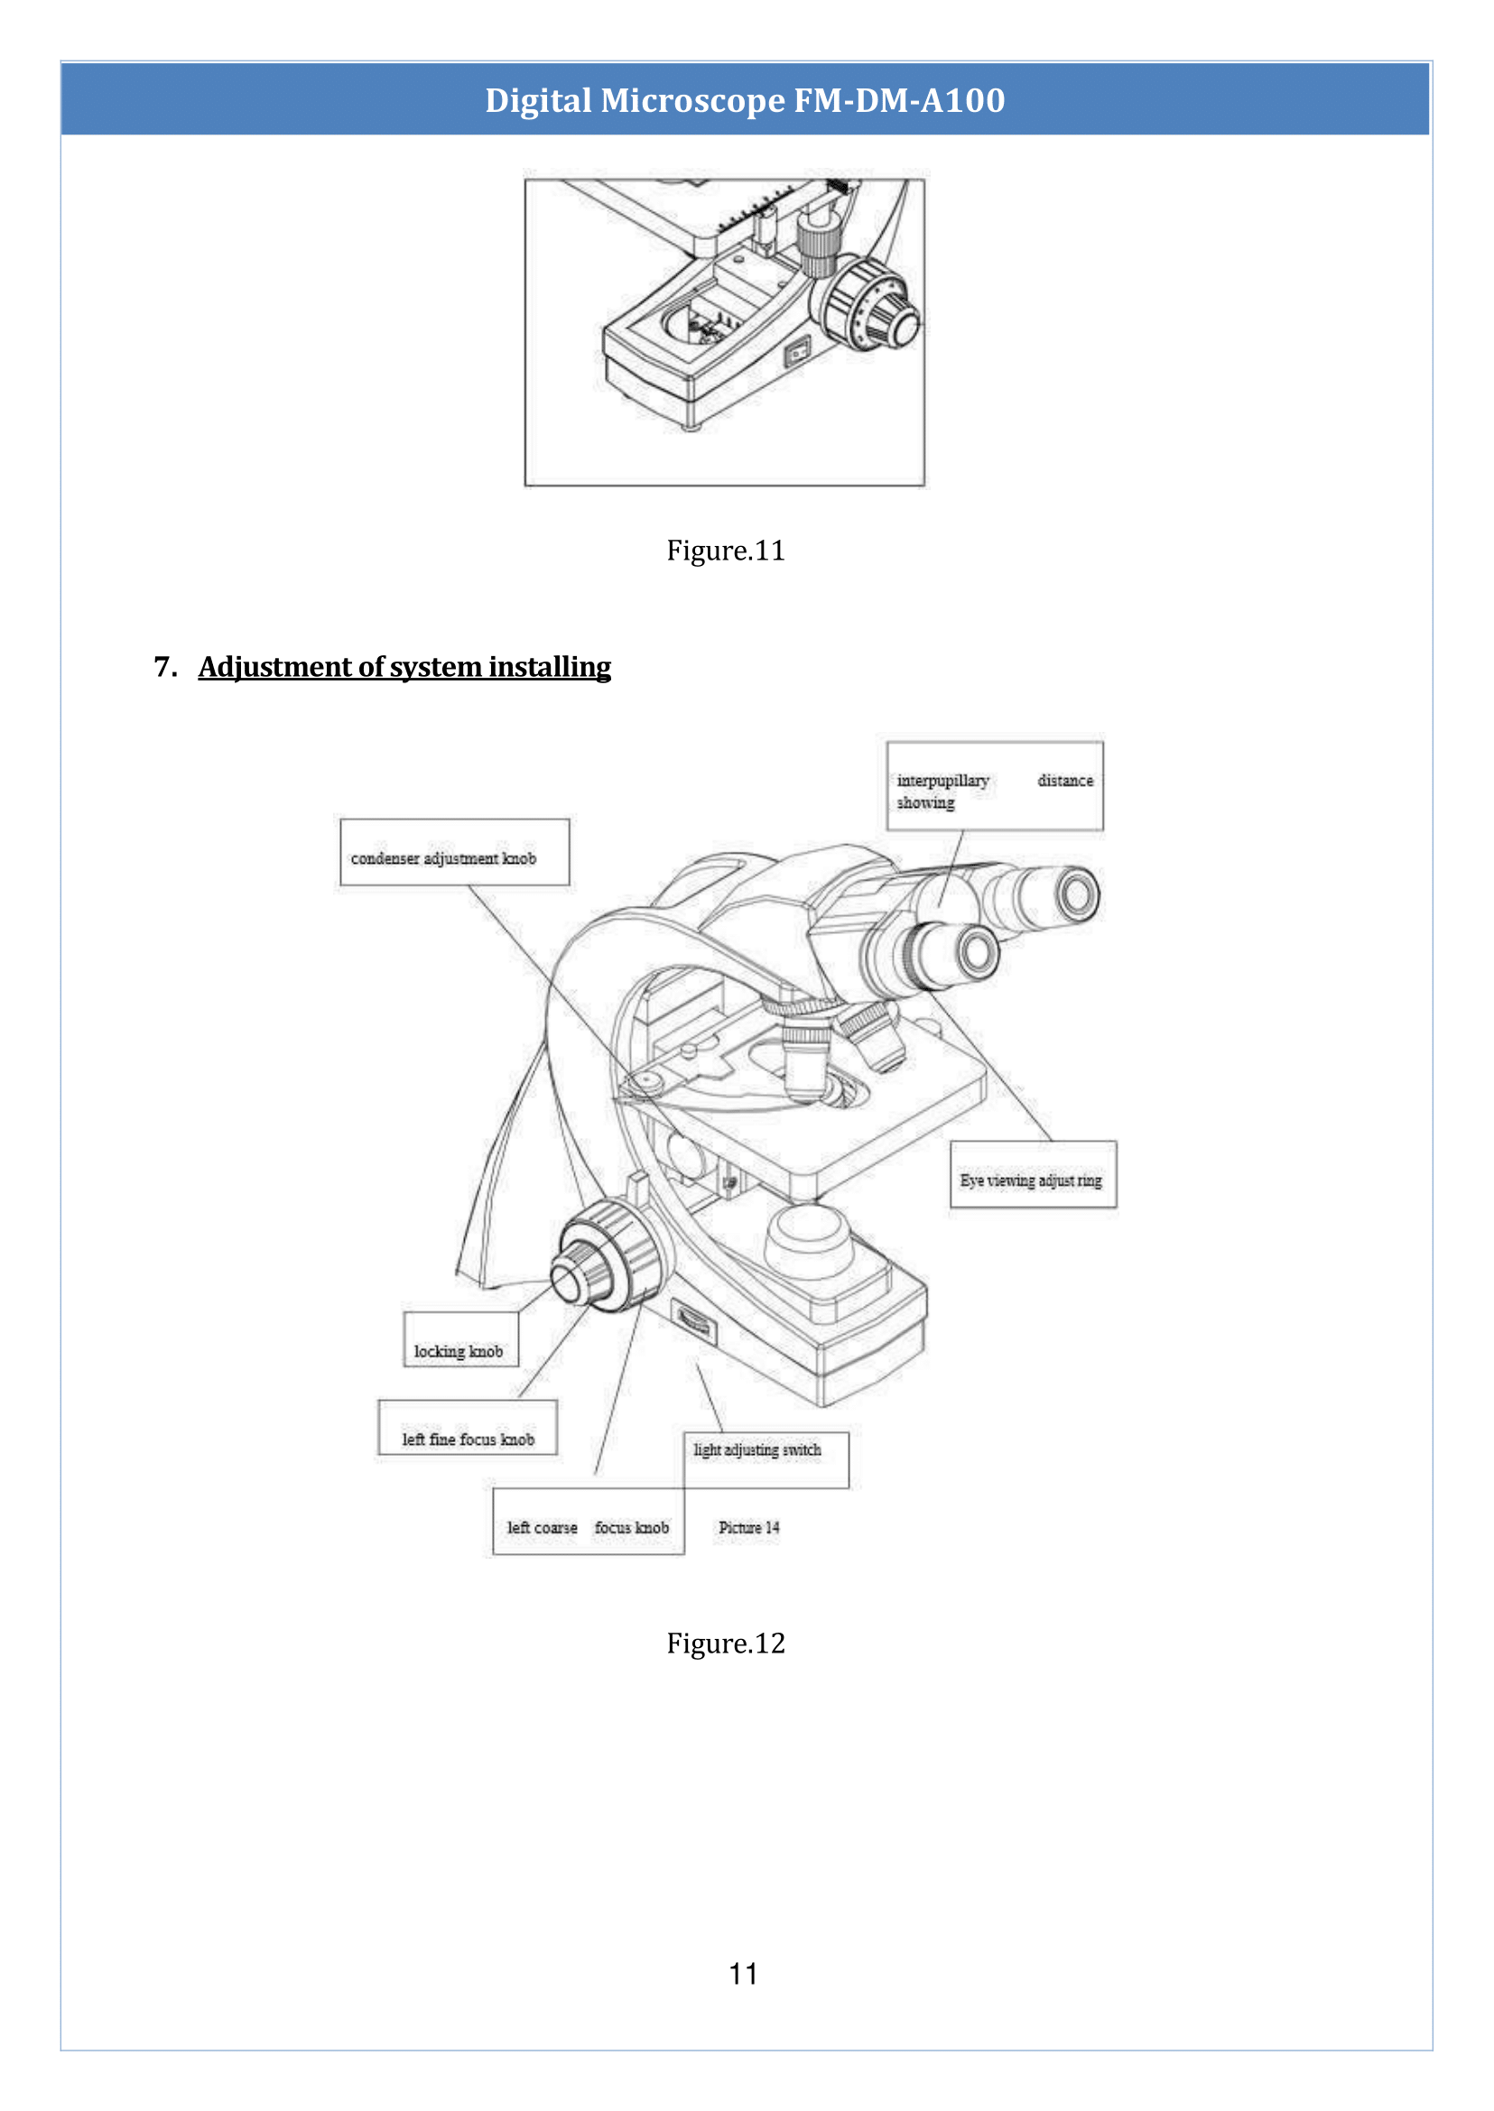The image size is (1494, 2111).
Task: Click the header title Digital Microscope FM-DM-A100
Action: [744, 99]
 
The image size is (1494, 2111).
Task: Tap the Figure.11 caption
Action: [725, 550]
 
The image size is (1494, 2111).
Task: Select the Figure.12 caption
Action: [725, 1643]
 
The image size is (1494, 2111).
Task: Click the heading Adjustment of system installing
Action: [404, 667]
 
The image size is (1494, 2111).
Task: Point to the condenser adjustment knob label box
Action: [453, 853]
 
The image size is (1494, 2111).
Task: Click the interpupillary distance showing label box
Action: [994, 786]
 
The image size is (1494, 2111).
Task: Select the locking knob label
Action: [459, 1340]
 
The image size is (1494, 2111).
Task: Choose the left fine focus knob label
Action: [468, 1428]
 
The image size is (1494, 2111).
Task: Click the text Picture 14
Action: [748, 1527]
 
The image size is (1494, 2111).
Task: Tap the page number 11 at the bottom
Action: [742, 1973]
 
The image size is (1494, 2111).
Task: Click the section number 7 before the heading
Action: [164, 667]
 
